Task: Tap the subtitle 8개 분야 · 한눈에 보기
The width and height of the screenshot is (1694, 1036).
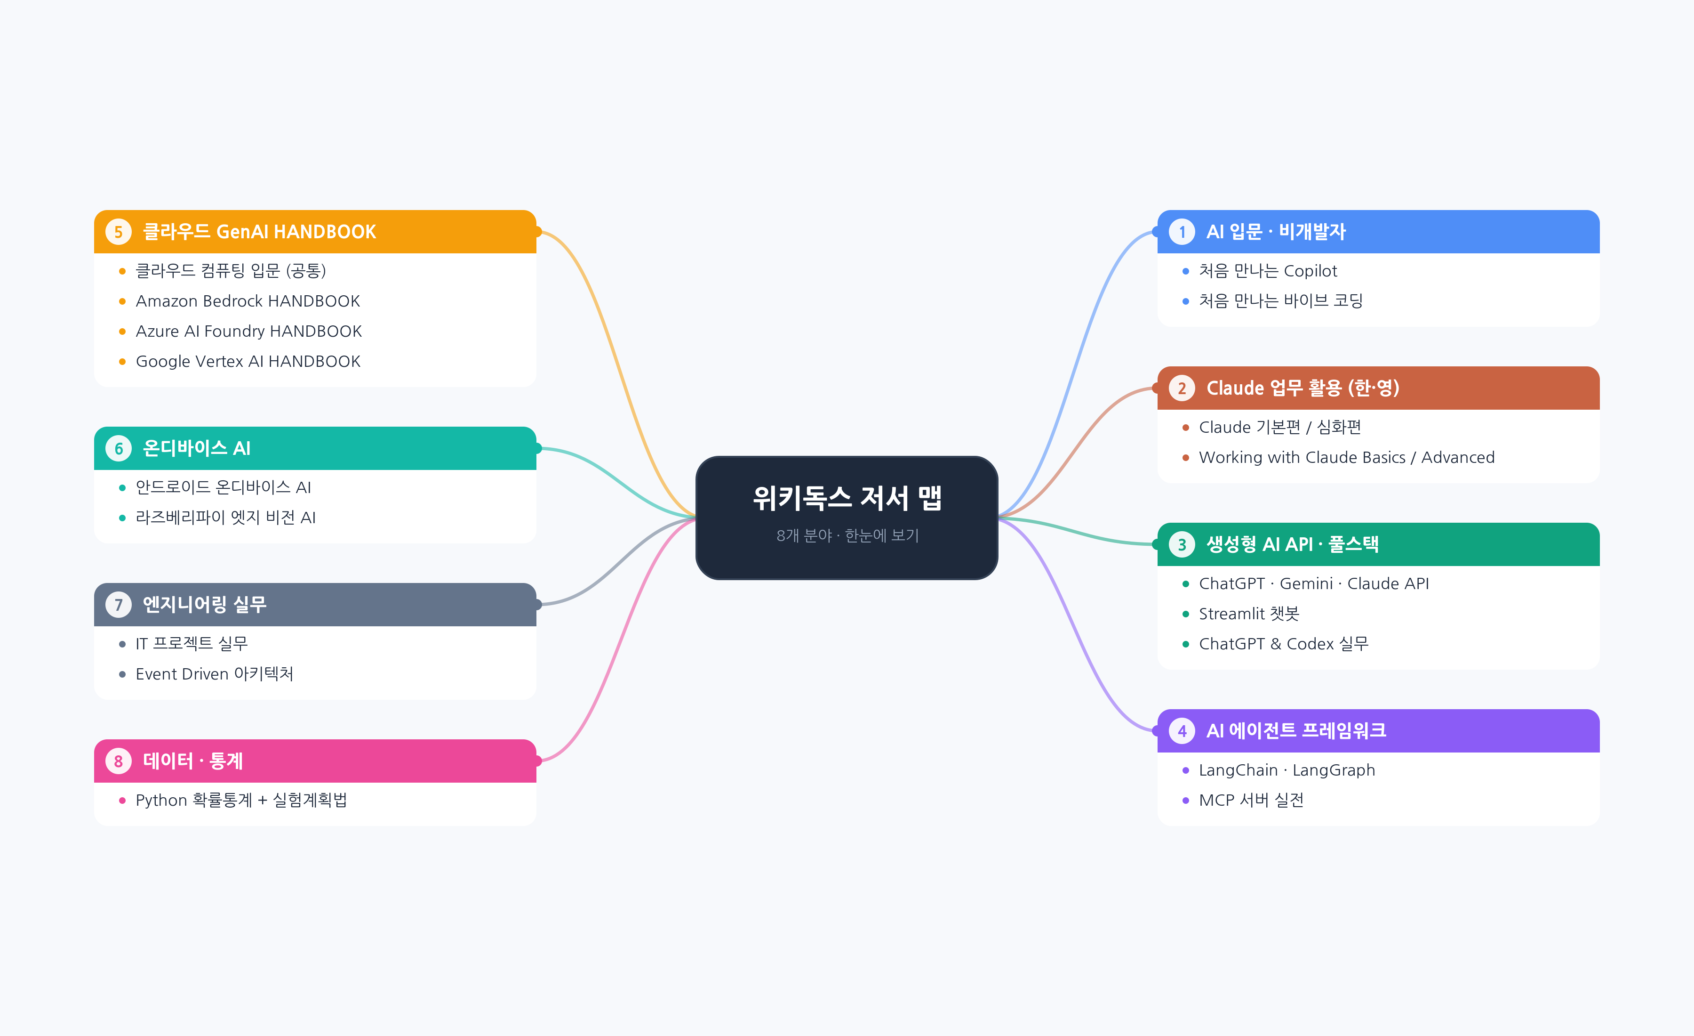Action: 847,535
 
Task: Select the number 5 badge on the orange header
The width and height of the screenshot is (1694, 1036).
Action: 118,232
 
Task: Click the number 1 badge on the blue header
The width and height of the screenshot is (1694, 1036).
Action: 1182,232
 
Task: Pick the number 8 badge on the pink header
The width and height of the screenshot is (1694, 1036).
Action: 118,761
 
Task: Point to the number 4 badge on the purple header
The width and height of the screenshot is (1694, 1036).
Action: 1182,730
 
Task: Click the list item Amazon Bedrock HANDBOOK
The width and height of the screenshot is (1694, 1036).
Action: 248,301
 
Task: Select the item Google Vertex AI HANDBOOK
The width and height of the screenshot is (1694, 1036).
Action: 248,361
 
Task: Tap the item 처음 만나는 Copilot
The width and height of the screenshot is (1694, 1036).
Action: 1268,271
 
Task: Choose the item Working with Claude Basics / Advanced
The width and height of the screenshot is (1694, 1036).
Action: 1346,457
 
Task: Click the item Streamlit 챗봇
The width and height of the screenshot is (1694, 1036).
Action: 1248,614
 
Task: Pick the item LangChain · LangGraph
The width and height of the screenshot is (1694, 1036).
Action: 1286,770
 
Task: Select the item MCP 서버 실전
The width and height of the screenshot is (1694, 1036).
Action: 1251,800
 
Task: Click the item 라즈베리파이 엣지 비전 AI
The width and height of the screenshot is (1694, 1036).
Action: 225,518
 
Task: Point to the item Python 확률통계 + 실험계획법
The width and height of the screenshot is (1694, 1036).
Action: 240,800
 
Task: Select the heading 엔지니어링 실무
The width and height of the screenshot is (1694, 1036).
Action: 204,605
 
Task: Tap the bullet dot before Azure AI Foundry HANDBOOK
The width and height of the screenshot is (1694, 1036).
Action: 122,332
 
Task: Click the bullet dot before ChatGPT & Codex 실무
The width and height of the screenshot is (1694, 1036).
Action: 1185,644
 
